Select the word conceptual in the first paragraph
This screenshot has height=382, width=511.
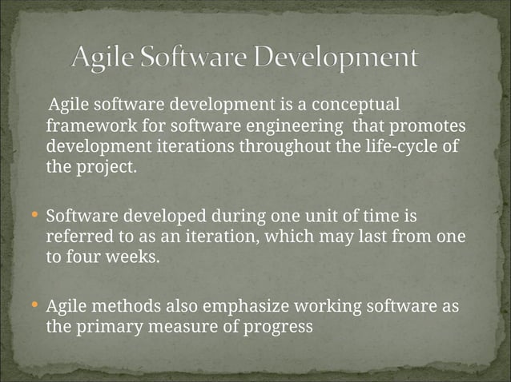pos(355,105)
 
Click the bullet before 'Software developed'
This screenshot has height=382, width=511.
pos(34,216)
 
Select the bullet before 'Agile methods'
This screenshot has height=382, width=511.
pos(34,305)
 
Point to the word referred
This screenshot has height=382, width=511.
pos(78,238)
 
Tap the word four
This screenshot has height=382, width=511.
pos(82,259)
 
